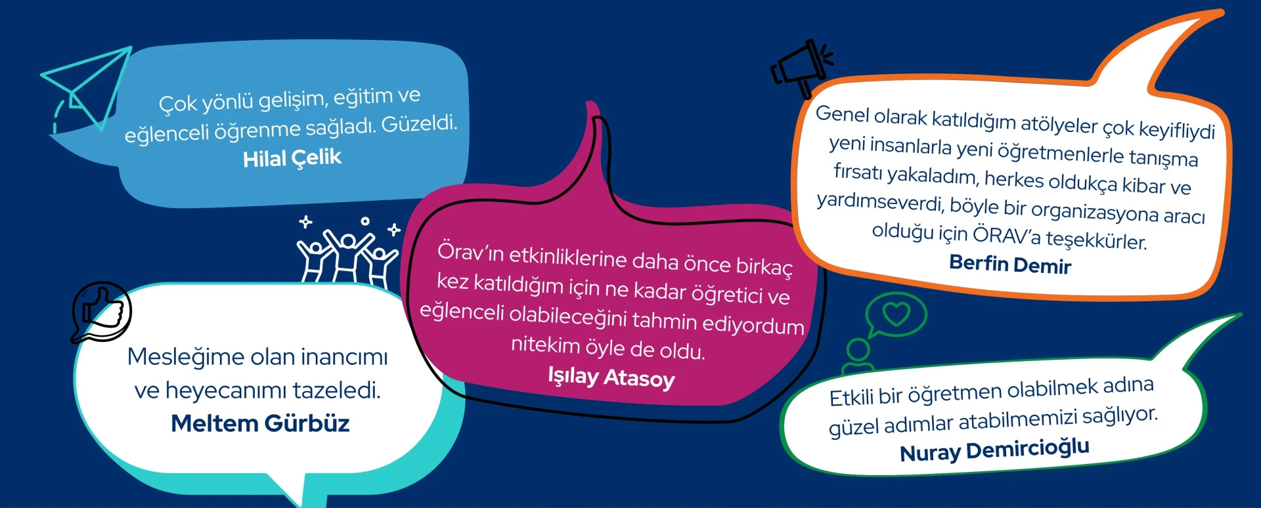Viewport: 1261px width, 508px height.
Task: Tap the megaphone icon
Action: [801, 69]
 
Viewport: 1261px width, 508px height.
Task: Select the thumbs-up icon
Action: [102, 312]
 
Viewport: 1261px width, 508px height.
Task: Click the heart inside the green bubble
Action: [896, 314]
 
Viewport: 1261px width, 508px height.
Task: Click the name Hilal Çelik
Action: [292, 158]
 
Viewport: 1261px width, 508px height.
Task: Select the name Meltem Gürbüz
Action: [260, 423]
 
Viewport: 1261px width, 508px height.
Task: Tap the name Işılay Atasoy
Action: [611, 377]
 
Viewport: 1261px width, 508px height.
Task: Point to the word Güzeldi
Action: [419, 123]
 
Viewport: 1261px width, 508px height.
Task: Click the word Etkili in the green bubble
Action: [851, 398]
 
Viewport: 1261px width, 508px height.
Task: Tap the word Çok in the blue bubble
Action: [177, 104]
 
